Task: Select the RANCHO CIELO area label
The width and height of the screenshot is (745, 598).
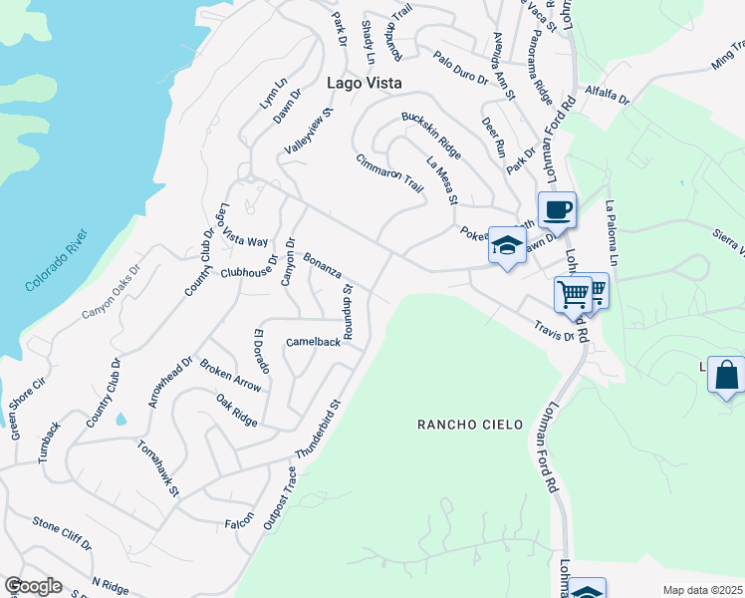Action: tap(469, 425)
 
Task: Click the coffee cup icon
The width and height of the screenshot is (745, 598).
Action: tap(558, 210)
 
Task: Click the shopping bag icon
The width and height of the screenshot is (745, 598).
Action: tap(726, 376)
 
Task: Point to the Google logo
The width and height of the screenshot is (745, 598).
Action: tap(33, 586)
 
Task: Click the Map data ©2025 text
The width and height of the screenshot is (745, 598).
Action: tap(702, 590)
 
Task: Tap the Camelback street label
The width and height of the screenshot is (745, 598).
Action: tap(313, 342)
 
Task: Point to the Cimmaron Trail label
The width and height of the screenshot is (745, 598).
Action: tap(390, 173)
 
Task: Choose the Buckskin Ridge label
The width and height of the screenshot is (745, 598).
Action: tap(431, 135)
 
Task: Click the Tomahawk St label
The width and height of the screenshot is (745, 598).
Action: tap(158, 467)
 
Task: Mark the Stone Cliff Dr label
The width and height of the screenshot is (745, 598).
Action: tap(61, 533)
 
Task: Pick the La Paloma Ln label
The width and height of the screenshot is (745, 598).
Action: tap(614, 228)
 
